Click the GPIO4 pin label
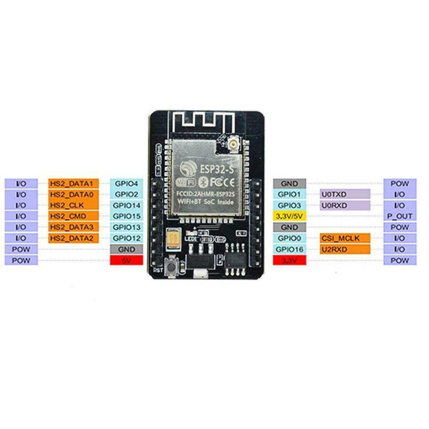126,183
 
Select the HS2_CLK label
74,205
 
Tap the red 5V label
126,260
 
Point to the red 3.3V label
290,260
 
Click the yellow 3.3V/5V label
290,216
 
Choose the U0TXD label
345,194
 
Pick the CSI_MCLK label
345,238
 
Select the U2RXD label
345,249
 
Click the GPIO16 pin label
290,249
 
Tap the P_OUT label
399,216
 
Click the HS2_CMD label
74,216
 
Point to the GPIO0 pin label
290,238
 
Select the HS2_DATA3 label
74,227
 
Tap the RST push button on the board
171,267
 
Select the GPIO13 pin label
126,227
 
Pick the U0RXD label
345,205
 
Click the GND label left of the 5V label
126,249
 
